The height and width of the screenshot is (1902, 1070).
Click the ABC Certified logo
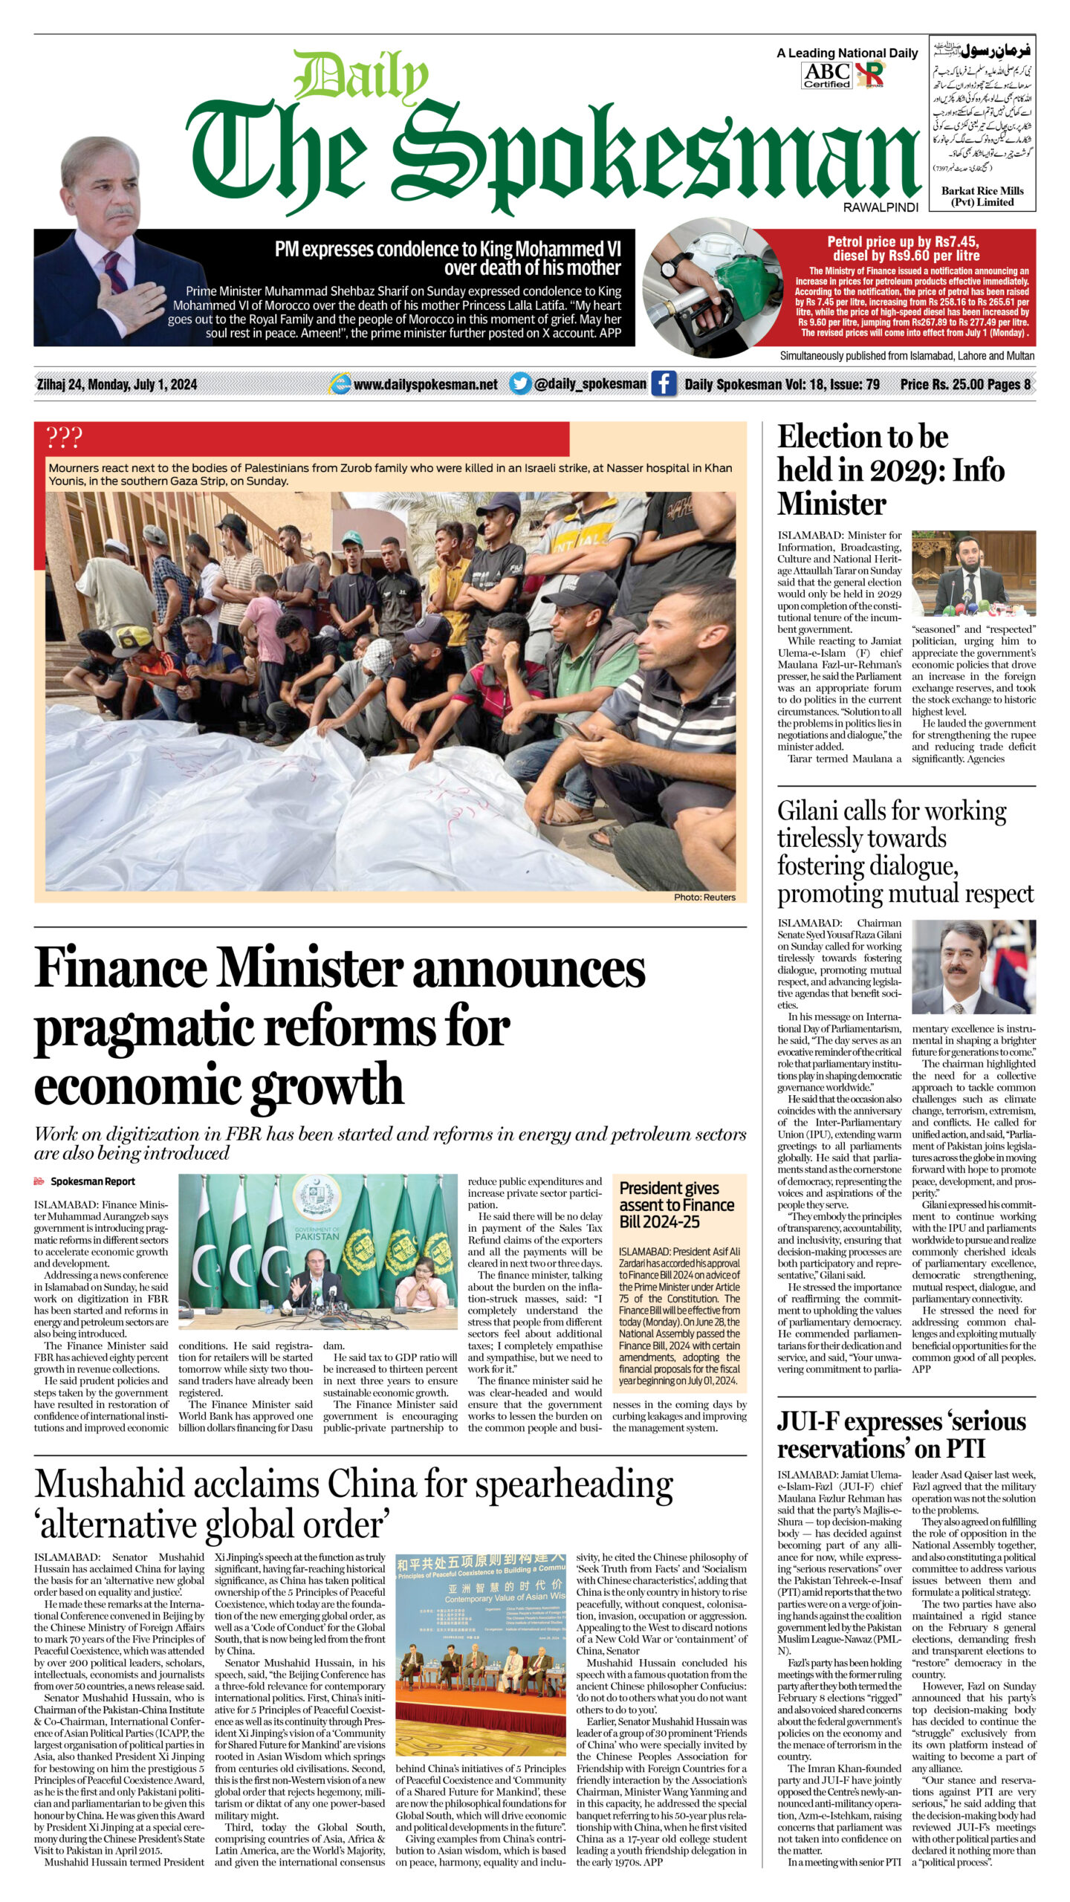pos(826,74)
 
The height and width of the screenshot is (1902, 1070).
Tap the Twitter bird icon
pos(520,384)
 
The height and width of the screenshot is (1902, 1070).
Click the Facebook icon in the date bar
pos(663,384)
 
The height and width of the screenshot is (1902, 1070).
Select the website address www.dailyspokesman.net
pos(425,385)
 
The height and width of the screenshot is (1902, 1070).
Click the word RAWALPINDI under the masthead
pos(881,207)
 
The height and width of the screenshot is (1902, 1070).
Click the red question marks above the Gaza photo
pos(64,438)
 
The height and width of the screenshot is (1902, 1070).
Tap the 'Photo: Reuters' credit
pos(704,897)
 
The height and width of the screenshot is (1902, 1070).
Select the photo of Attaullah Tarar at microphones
pos(973,574)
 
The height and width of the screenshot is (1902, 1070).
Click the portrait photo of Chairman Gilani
pos(973,967)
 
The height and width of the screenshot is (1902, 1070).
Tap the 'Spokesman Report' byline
pos(92,1181)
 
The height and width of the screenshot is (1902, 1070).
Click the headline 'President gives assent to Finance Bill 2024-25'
pos(676,1204)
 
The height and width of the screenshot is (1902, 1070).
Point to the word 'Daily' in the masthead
pos(360,78)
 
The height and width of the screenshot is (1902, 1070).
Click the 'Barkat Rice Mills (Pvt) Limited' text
pos(982,196)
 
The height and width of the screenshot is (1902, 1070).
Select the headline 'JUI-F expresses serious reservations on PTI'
pos(901,1435)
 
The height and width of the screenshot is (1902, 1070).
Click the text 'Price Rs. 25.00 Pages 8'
pos(964,384)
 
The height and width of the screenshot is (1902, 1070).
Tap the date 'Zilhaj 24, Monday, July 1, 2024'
pos(117,384)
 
